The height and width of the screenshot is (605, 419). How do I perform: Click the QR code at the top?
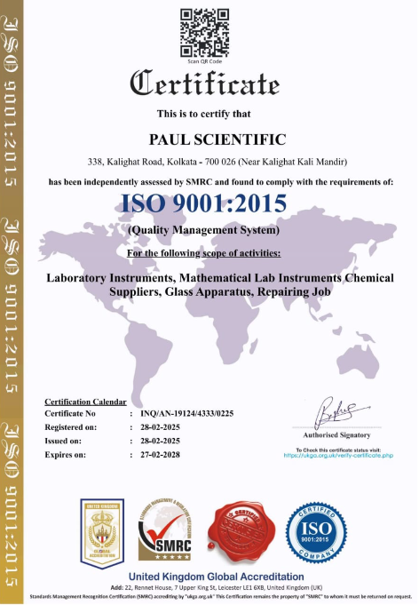tap(204, 31)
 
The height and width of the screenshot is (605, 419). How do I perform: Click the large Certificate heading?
tap(204, 84)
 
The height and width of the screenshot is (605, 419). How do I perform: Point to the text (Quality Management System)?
tap(204, 230)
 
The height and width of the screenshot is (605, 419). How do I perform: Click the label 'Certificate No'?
tap(70, 414)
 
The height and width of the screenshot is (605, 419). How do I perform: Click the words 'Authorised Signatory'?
tap(337, 435)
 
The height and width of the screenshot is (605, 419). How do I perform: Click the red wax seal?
tap(241, 537)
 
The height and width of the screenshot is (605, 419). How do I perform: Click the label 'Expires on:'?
tap(67, 454)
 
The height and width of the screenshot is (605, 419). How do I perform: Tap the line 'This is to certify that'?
tap(204, 114)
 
